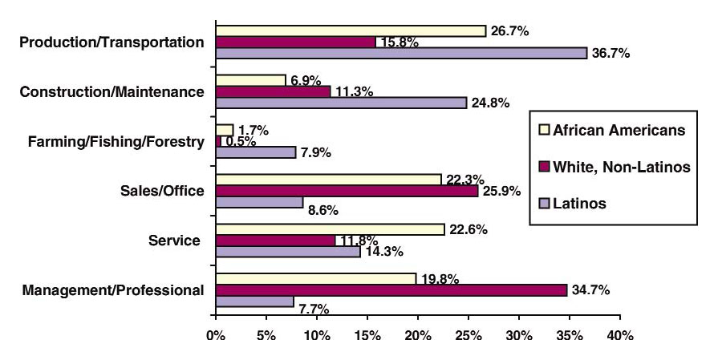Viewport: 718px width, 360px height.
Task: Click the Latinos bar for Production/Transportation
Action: click(x=401, y=53)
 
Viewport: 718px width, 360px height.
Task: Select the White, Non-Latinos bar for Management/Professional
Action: click(x=391, y=289)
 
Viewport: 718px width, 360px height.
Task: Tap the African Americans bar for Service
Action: click(x=330, y=229)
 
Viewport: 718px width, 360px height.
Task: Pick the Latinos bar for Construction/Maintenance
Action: click(x=341, y=103)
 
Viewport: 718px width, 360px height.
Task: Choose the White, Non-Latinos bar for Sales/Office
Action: click(x=347, y=192)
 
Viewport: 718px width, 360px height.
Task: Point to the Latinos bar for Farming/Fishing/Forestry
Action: click(x=255, y=152)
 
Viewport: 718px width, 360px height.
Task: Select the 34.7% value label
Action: click(x=590, y=289)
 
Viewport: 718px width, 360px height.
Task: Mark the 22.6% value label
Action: click(x=467, y=229)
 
